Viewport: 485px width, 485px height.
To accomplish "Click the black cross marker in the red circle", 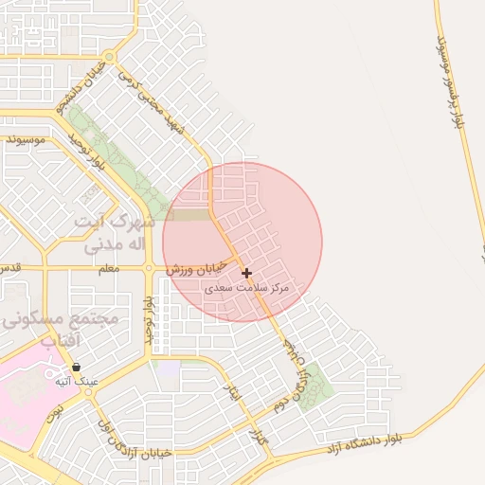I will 247,273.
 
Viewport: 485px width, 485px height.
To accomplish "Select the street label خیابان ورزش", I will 199,268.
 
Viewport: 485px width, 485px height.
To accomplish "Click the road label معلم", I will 109,270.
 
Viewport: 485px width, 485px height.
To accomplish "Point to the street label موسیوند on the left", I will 26,140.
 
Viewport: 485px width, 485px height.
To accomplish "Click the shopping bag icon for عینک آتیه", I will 76,367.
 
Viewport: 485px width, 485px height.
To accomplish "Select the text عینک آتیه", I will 75,381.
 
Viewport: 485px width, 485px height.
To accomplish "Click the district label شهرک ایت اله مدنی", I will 114,233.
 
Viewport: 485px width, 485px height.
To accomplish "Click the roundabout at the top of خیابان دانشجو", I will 111,58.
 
